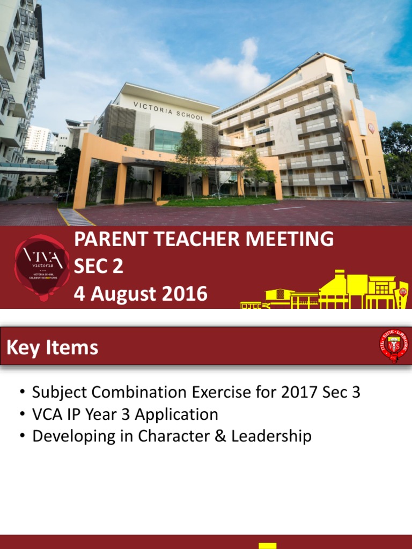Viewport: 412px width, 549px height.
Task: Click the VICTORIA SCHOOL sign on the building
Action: (x=168, y=110)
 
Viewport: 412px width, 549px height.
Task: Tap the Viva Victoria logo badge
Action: (x=41, y=266)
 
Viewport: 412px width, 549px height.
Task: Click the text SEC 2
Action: (x=99, y=266)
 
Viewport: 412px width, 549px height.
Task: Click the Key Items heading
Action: (x=52, y=347)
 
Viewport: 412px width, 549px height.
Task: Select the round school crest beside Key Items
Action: (x=393, y=345)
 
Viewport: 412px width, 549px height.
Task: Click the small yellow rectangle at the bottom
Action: (x=267, y=545)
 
